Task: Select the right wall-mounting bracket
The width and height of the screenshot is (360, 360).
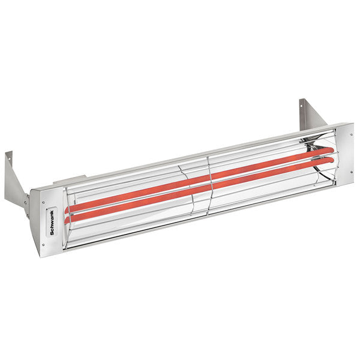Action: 311,114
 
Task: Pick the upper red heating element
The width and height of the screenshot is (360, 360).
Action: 198,177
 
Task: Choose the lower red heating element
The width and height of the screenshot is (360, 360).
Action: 198,189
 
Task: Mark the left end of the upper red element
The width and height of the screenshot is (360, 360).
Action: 70,209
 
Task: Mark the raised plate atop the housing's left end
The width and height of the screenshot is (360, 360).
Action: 66,179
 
